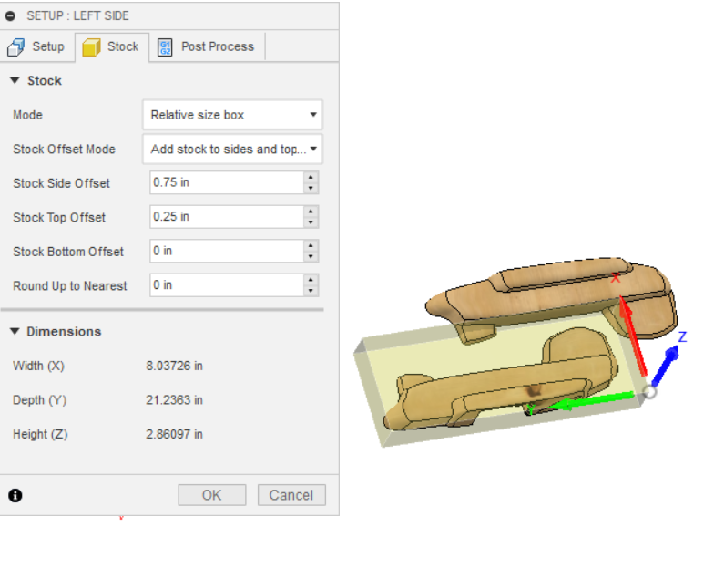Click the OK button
tap(211, 495)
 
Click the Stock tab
tap(111, 46)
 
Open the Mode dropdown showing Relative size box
tap(232, 115)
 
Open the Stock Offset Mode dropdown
tap(232, 149)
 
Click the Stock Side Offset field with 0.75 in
tap(226, 182)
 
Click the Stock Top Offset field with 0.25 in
tap(226, 217)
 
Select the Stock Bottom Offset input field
tap(226, 251)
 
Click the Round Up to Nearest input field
tap(226, 285)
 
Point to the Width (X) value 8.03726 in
tap(174, 366)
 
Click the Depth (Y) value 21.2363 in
tap(174, 400)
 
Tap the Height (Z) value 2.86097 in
tap(174, 434)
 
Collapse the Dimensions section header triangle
tap(15, 331)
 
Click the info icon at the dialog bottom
tap(15, 495)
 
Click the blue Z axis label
tap(681, 337)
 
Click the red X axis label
tap(616, 277)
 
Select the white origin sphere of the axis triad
tap(649, 393)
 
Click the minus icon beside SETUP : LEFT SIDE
tap(11, 15)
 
